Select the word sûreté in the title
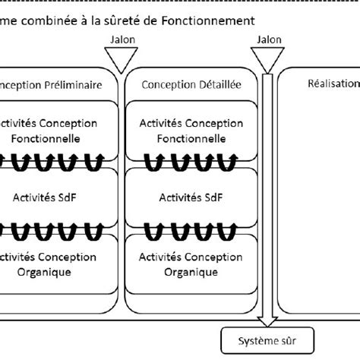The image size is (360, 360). pos(137,21)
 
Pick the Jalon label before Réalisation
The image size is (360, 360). pos(269,39)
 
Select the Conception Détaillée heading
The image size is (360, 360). pos(191,86)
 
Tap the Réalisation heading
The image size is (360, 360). pos(334,86)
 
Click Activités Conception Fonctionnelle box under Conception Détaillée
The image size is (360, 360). pos(191,131)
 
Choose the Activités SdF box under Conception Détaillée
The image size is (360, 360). pos(191,197)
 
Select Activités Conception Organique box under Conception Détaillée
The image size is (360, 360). pos(191,264)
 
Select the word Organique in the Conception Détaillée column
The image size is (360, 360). pos(191,271)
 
